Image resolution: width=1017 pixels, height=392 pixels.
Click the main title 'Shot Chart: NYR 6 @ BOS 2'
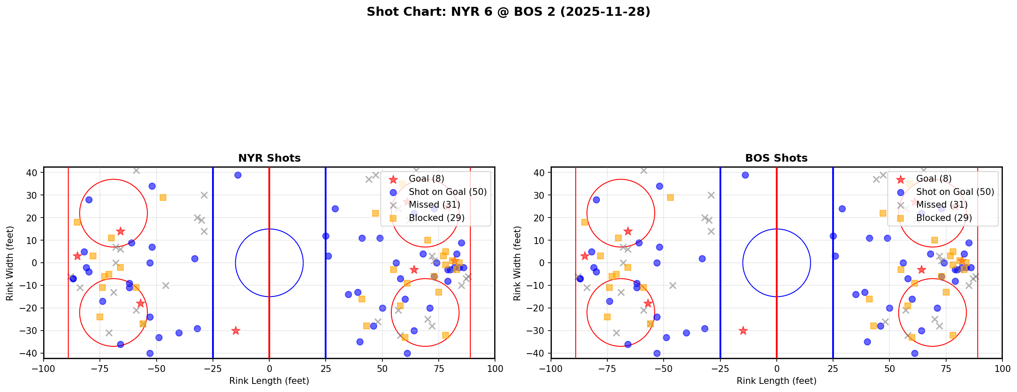[x=508, y=12]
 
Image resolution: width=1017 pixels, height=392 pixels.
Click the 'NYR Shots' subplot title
[x=269, y=158]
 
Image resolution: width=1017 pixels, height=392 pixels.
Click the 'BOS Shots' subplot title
[x=776, y=158]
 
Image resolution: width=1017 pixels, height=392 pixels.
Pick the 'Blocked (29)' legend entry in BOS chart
[x=944, y=218]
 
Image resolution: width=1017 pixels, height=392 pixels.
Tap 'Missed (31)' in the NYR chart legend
[x=434, y=205]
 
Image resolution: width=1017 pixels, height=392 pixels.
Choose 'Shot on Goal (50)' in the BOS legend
[x=955, y=192]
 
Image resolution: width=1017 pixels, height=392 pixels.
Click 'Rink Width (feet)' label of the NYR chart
[x=10, y=263]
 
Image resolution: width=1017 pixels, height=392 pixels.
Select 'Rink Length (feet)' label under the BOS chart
[x=776, y=381]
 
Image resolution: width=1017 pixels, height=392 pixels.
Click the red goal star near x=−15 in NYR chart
[x=236, y=331]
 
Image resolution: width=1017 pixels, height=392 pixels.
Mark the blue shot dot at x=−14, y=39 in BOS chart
[x=745, y=175]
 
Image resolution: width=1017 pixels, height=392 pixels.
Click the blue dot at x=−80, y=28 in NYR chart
[x=89, y=200]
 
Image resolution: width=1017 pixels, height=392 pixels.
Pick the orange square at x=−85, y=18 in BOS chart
[x=585, y=222]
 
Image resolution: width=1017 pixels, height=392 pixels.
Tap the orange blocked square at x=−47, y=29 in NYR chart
[x=163, y=197]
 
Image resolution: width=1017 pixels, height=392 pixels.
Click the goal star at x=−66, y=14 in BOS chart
[x=628, y=231]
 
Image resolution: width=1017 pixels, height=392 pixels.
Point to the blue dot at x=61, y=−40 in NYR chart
[x=407, y=353]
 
